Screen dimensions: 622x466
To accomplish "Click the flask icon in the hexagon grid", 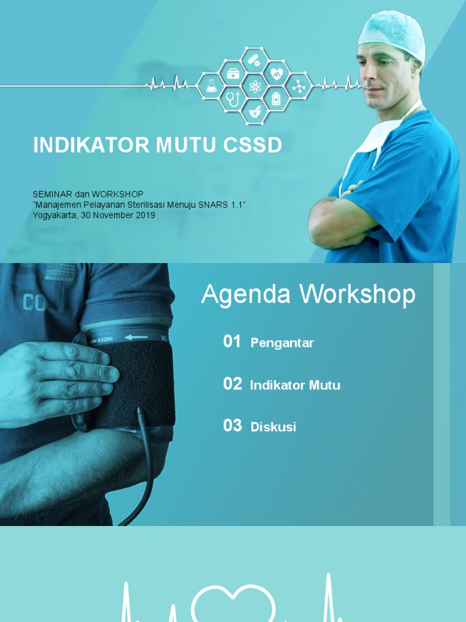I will (211, 86).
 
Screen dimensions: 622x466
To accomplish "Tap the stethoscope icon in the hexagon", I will (233, 98).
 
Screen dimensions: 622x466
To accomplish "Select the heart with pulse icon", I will (277, 74).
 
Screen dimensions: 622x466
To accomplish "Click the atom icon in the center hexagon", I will (255, 86).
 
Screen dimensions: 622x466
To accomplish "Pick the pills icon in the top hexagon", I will (255, 61).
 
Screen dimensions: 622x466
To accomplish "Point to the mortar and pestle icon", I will (255, 112).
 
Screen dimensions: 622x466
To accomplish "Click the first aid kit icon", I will (233, 73).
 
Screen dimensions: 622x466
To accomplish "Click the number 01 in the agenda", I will (232, 341).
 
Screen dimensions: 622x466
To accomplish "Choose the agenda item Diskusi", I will (273, 427).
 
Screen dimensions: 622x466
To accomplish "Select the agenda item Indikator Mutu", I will (295, 385).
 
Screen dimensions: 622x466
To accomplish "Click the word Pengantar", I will (282, 343).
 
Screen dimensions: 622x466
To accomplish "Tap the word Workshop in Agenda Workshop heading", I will (358, 295).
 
